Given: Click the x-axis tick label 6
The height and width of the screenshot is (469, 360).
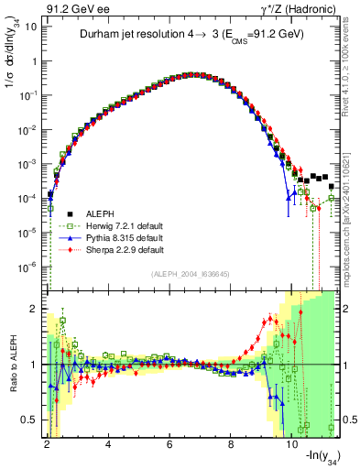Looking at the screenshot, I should tap(170, 445).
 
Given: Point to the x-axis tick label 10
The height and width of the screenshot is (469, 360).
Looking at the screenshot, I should tap(292, 445).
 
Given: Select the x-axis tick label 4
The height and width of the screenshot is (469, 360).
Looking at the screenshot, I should tap(109, 445).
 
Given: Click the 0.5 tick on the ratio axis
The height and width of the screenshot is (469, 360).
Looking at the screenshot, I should tap(28, 420).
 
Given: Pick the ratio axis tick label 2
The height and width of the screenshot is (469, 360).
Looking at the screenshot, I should tap(32, 310).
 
